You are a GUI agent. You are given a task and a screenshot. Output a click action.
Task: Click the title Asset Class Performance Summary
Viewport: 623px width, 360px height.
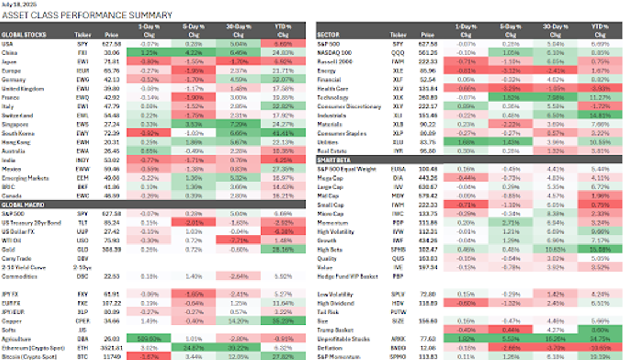[87, 15]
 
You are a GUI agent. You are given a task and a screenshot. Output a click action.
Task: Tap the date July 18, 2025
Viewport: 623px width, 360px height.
[18, 3]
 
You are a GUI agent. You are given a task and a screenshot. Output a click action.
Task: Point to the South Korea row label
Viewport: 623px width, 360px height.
[18, 133]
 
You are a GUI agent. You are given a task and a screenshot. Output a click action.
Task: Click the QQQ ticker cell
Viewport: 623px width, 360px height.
[398, 53]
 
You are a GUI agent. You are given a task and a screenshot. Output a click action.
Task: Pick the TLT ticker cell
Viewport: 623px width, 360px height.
[82, 222]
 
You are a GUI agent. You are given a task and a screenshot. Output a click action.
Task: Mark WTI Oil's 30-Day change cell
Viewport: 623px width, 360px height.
[238, 240]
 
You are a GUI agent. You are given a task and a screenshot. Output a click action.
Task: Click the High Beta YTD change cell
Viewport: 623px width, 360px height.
[602, 249]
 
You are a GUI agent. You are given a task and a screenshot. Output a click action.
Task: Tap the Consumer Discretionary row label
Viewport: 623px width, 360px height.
[349, 106]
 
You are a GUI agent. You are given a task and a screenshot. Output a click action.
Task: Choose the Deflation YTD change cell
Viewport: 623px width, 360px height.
[602, 348]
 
